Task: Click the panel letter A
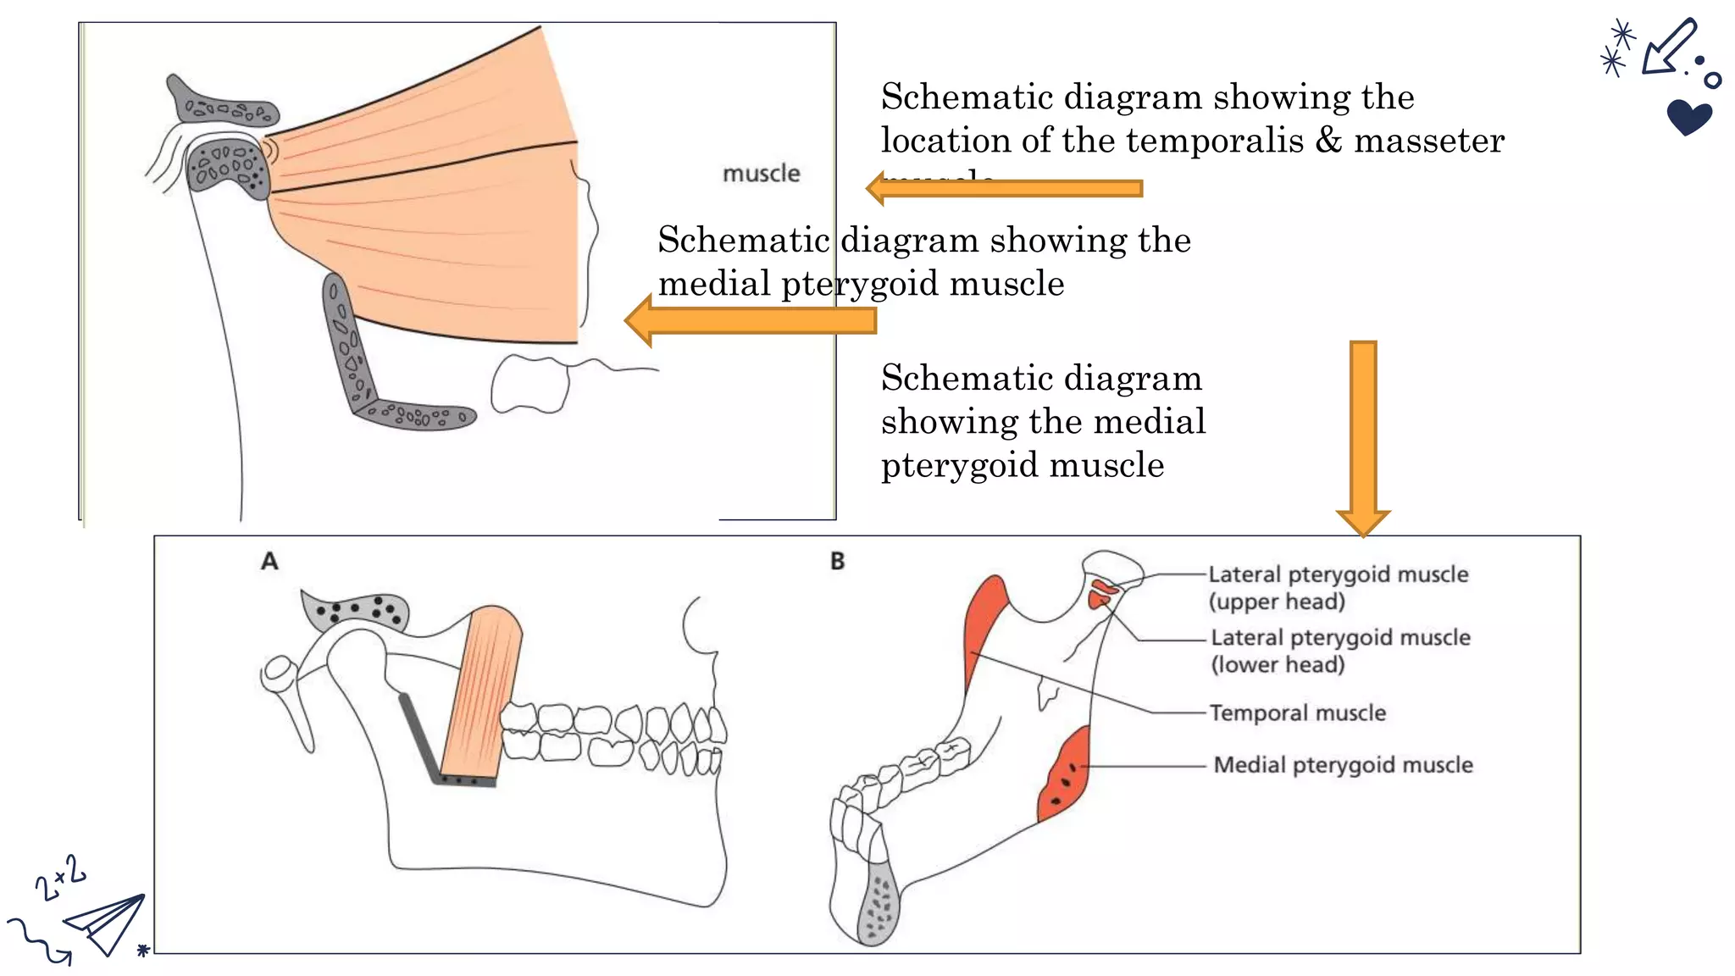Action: pyautogui.click(x=269, y=561)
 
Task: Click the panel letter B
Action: pyautogui.click(x=837, y=561)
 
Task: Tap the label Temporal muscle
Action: pyautogui.click(x=1297, y=713)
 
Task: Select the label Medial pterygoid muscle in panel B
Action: pyautogui.click(x=1343, y=765)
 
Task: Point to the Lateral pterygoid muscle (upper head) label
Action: pyautogui.click(x=1337, y=587)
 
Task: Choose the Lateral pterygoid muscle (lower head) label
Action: pyautogui.click(x=1339, y=651)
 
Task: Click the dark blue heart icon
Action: pyautogui.click(x=1688, y=117)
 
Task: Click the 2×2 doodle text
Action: pyautogui.click(x=59, y=878)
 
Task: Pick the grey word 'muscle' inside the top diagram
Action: pyautogui.click(x=761, y=174)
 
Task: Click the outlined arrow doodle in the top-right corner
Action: pyautogui.click(x=1667, y=47)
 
